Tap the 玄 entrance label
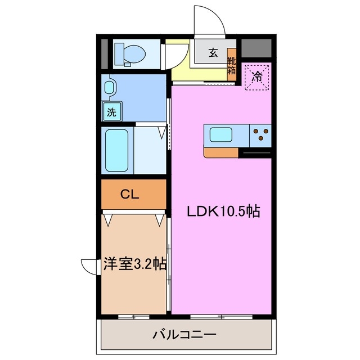pyautogui.click(x=213, y=53)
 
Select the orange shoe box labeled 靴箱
pyautogui.click(x=231, y=64)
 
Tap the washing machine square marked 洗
pyautogui.click(x=111, y=111)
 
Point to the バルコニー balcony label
pyautogui.click(x=184, y=335)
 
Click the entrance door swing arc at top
pyautogui.click(x=210, y=21)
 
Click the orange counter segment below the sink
pyautogui.click(x=221, y=152)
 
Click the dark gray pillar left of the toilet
pyautogui.click(x=104, y=53)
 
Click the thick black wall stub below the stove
pyautogui.click(x=256, y=152)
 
